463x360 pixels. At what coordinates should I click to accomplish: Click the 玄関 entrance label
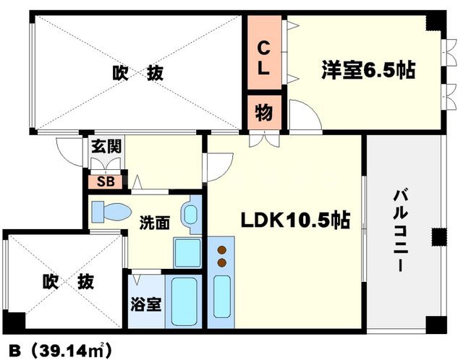point(106,146)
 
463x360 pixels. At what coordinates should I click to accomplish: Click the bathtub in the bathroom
point(186,301)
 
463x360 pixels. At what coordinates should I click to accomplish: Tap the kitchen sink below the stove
point(222,296)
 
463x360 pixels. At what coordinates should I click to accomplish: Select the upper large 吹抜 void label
point(137,73)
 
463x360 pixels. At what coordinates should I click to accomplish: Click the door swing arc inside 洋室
point(300,116)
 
